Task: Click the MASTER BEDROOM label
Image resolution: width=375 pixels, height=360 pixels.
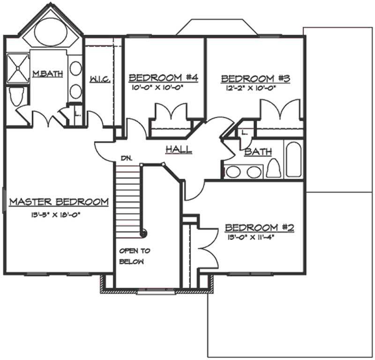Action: point(59,202)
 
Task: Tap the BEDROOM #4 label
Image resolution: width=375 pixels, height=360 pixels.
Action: point(163,77)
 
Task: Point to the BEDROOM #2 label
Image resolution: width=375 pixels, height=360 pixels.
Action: point(259,228)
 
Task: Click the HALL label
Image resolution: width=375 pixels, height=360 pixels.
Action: point(179,150)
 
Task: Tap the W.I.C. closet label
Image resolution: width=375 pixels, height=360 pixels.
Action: point(99,79)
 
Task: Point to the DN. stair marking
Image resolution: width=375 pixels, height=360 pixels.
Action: point(126,158)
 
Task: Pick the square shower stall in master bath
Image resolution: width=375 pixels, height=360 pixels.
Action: point(17,68)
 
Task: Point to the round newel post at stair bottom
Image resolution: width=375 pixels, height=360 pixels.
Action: point(144,233)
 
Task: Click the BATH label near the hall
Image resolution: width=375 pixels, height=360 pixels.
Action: point(258,152)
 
